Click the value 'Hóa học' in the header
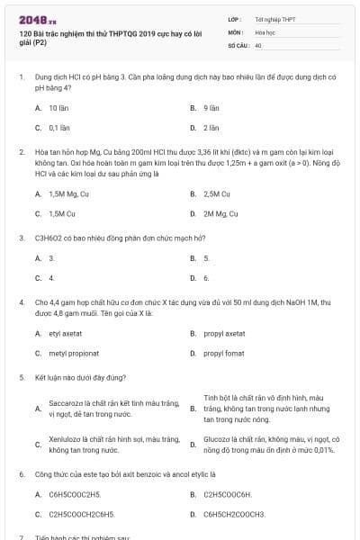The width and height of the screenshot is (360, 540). [x=265, y=31]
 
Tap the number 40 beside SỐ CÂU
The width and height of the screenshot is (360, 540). [x=258, y=44]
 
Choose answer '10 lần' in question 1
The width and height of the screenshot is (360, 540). [x=59, y=107]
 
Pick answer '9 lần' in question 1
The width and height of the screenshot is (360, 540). [x=212, y=107]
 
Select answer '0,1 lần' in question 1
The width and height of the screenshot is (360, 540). [x=60, y=128]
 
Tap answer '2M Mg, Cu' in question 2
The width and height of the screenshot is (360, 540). [x=220, y=214]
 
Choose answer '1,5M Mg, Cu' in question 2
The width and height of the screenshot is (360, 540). [x=68, y=193]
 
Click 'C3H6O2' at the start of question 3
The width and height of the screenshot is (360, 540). [x=48, y=238]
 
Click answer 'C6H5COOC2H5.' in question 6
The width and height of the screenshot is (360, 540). [x=75, y=494]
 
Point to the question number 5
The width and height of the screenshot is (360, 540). [x=22, y=377]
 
